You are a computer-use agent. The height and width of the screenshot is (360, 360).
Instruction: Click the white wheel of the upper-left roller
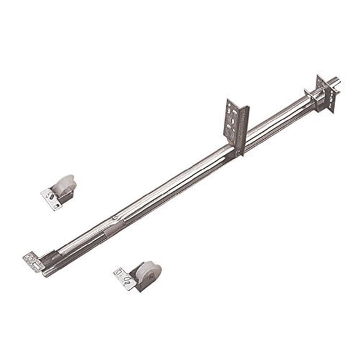[x=64, y=185]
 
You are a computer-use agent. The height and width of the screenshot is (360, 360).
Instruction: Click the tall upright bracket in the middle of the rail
[x=235, y=124]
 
